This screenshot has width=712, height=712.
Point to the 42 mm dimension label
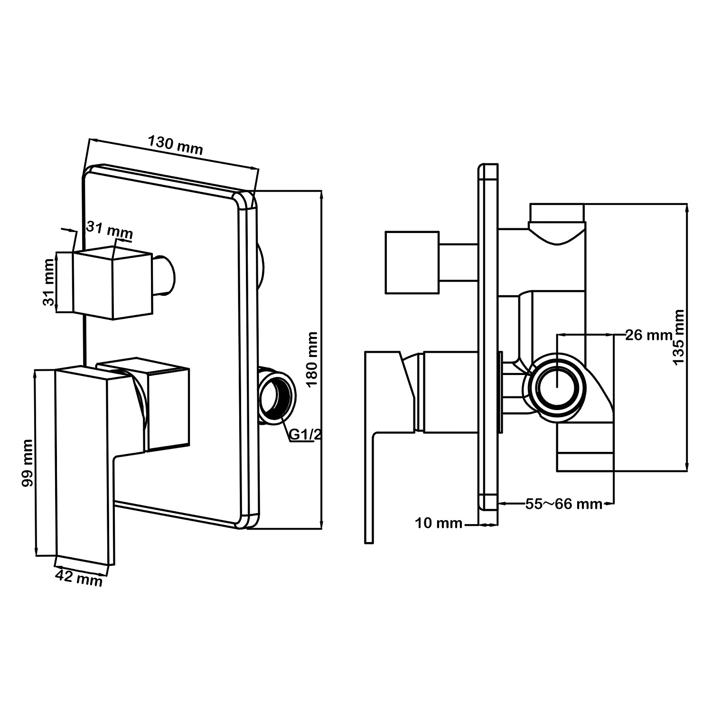click(79, 578)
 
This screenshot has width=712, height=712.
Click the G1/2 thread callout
click(302, 435)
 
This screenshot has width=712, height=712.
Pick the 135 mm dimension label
click(679, 337)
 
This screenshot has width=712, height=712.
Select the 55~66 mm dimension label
click(563, 504)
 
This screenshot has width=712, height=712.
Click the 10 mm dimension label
click(439, 524)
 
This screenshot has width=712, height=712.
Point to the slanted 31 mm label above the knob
click(109, 231)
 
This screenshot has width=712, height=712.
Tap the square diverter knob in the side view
click(412, 262)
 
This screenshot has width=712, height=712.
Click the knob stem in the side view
click(458, 262)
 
